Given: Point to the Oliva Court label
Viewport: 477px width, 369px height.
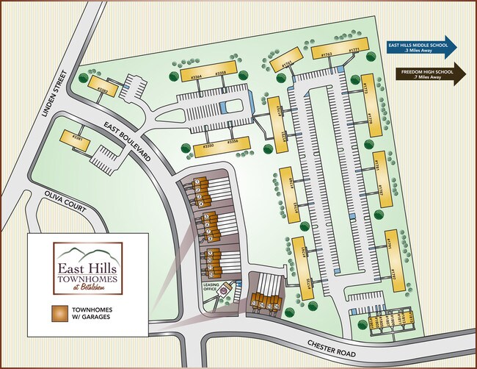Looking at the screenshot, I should [63, 201].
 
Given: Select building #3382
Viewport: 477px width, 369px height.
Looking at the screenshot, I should [103, 88].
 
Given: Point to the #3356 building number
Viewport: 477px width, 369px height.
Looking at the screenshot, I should [232, 141].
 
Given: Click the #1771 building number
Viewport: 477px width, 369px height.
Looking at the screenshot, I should [354, 51].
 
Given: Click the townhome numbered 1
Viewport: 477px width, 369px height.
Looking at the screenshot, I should [197, 181].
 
